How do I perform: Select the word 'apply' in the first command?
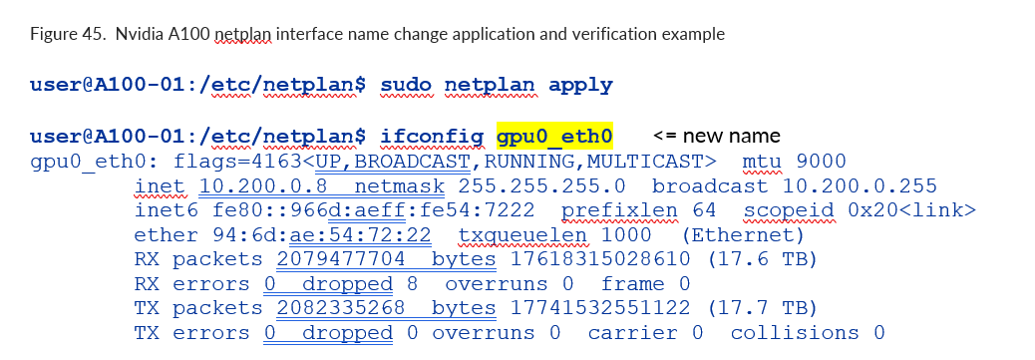(x=580, y=85)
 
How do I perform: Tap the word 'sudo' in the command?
(x=406, y=85)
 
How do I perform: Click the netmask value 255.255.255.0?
(x=541, y=186)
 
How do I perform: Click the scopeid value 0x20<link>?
(x=909, y=210)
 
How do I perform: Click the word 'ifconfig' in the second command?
(x=432, y=137)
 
